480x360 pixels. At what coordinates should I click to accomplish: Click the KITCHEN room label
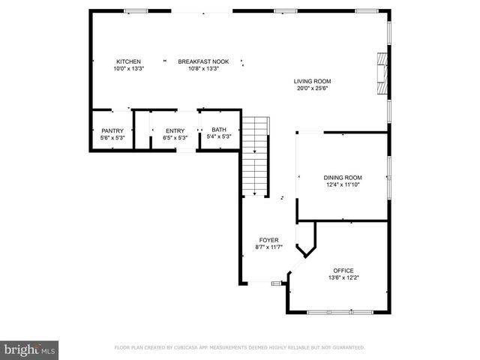point(128,61)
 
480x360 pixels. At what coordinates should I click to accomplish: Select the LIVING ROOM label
point(312,81)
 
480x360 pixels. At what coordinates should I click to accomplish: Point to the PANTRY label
point(112,130)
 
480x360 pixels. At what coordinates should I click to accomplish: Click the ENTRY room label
point(175,130)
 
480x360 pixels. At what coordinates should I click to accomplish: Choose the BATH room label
point(219,130)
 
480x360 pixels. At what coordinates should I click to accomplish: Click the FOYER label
point(269,240)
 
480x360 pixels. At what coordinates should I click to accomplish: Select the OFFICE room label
point(343,271)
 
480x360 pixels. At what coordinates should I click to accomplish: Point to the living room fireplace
point(383,75)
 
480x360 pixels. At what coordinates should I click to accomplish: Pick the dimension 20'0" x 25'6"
point(312,88)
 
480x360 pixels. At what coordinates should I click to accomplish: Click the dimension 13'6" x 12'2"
point(343,278)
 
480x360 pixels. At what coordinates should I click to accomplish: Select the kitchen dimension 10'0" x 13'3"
point(128,69)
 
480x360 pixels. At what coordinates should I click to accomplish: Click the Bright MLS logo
point(30,349)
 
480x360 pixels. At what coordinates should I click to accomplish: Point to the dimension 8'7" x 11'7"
point(269,247)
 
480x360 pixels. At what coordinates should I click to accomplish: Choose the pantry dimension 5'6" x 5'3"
point(112,137)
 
